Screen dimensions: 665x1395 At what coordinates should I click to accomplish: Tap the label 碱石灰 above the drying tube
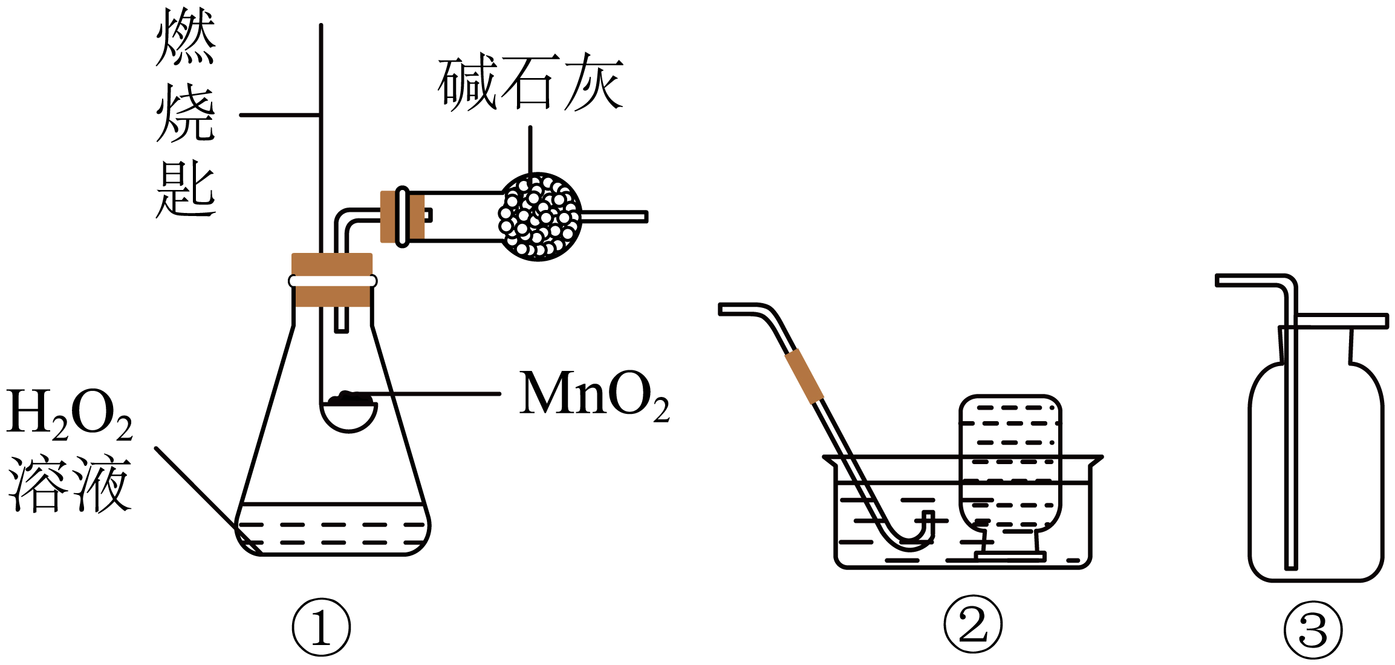point(530,83)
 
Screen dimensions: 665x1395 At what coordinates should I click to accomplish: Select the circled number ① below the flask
point(321,627)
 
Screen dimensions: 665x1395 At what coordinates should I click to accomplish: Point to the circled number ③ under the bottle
point(1313,630)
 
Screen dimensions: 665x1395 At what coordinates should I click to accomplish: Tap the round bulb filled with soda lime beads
point(539,217)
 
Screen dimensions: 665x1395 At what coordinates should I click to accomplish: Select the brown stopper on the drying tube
point(402,217)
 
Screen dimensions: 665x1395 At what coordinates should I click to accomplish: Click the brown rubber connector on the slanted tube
point(804,376)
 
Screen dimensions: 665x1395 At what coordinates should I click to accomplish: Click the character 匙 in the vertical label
point(186,191)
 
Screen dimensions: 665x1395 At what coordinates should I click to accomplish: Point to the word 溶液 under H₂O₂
point(70,484)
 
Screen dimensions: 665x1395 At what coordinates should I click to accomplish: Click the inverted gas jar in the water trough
point(1010,463)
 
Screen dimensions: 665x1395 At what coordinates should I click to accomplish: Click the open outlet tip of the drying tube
point(645,217)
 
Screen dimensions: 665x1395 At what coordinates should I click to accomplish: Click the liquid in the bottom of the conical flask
point(333,532)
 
